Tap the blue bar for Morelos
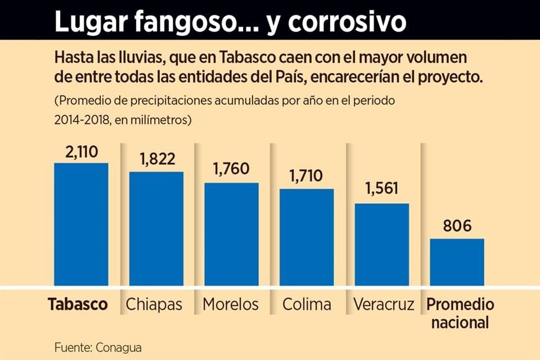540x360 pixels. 231,234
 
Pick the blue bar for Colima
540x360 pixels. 307,237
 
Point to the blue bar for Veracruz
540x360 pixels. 381,244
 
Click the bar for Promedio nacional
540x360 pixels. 457,262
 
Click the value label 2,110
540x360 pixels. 81,151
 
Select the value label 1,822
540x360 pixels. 156,160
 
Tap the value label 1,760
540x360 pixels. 231,170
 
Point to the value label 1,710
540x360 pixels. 307,176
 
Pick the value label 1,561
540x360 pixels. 381,189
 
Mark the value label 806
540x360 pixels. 457,226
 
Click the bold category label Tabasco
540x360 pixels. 78,305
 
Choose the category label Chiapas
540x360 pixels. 155,305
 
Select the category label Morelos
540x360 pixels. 231,305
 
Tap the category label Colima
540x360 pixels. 307,305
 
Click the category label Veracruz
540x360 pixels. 384,305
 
